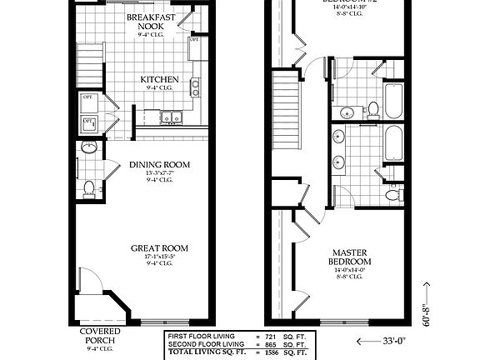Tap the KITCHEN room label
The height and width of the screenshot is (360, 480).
(158, 80)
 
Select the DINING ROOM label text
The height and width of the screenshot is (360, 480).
(159, 165)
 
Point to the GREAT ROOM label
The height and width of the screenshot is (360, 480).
(158, 248)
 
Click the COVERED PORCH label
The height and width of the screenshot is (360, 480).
(100, 336)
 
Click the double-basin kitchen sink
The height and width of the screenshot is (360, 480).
(171, 117)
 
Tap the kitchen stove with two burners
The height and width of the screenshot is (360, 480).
(195, 85)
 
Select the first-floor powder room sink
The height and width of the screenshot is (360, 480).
(89, 147)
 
